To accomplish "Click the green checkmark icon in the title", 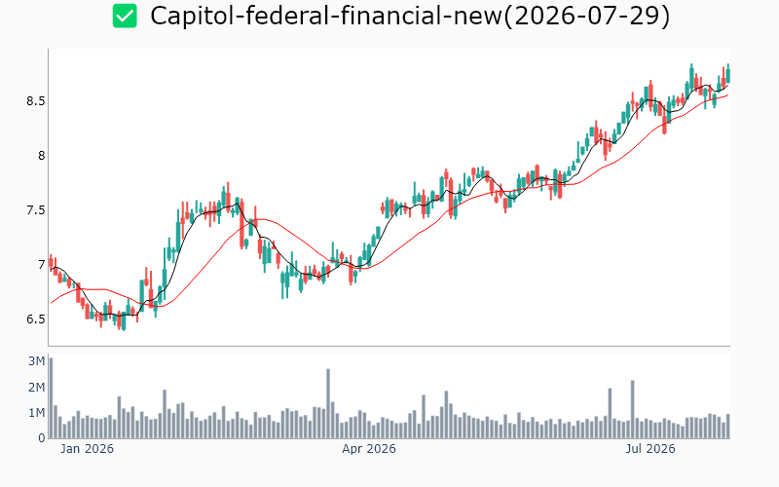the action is tap(125, 16).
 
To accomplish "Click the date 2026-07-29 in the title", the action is tap(586, 16).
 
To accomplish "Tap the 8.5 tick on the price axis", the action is tap(36, 101).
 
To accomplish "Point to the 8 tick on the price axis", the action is tap(41, 156).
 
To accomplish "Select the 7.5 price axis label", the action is tap(36, 210).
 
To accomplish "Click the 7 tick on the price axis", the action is tap(42, 264).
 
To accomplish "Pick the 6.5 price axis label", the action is tap(36, 319).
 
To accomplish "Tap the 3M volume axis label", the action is tap(37, 361).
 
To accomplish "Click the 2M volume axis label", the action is tap(37, 387).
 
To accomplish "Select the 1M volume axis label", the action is tap(37, 413).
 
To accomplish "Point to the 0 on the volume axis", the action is tap(42, 438).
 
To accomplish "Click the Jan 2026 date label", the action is tap(87, 449).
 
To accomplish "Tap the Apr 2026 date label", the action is tap(369, 449).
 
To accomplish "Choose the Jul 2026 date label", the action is tap(650, 449).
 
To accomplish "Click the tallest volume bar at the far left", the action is tap(51, 398).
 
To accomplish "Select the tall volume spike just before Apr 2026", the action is tap(328, 403).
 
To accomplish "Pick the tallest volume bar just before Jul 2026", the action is tap(632, 409).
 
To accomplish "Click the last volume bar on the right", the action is tap(727, 427).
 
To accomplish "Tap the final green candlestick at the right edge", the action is tap(727, 76).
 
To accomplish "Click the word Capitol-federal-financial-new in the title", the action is tap(326, 16).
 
